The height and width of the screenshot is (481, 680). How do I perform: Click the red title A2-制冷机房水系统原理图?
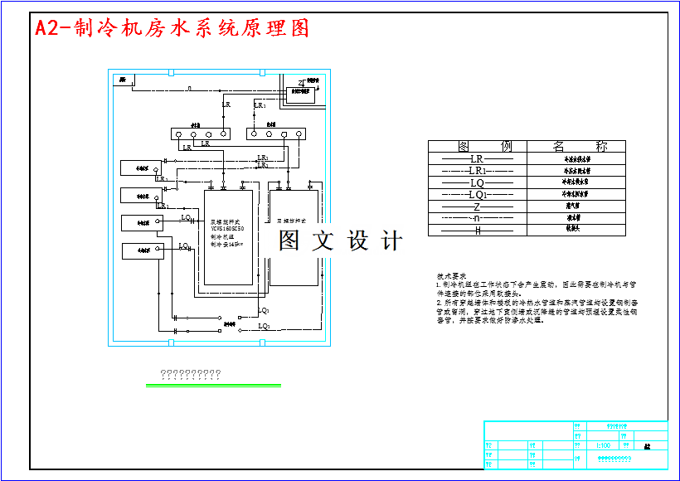(172, 28)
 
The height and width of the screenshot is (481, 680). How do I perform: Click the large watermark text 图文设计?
(341, 240)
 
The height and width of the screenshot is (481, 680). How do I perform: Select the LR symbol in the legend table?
(476, 158)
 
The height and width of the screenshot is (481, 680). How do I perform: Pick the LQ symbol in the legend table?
(476, 182)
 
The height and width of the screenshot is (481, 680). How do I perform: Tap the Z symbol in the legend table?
(477, 206)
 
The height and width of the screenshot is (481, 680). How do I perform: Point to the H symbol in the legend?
(477, 231)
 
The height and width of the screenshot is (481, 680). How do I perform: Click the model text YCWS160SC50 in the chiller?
(226, 229)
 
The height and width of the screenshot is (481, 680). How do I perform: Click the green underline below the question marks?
(213, 385)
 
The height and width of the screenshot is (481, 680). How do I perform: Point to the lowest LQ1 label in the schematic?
(264, 327)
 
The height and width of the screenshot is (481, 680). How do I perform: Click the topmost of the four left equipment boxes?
(143, 168)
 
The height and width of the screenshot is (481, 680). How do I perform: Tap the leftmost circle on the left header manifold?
(178, 134)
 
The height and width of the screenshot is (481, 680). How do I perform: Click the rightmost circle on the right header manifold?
(299, 134)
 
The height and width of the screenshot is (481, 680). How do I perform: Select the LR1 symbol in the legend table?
(478, 170)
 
